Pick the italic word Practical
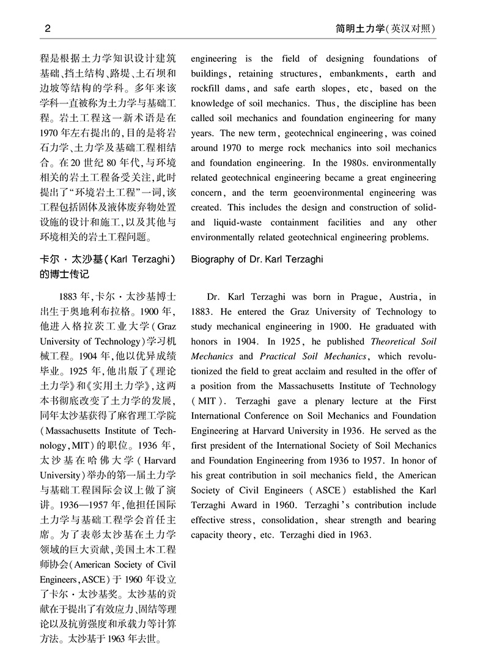(278, 357)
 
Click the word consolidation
(289, 521)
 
